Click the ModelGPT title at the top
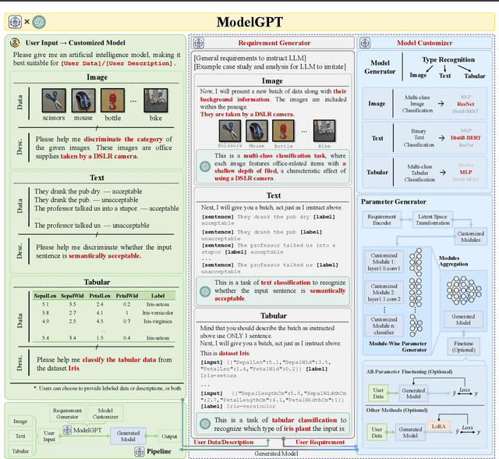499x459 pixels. (x=249, y=21)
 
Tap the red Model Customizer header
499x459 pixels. (x=425, y=44)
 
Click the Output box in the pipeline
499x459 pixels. (x=168, y=436)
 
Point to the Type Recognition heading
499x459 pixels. (x=448, y=59)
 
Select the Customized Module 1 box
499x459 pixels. (x=384, y=261)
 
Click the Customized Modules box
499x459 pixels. (x=469, y=237)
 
